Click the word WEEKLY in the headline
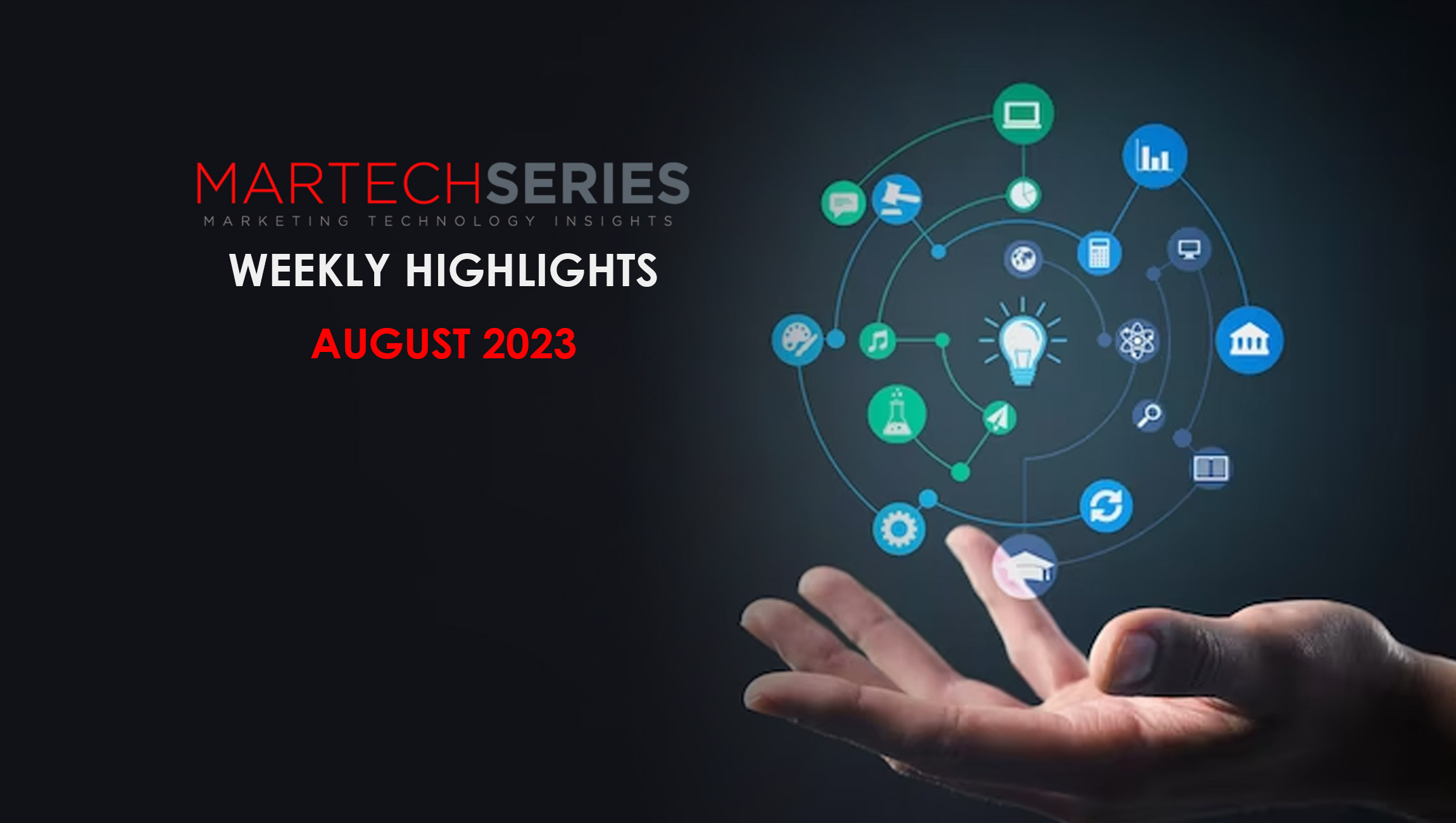(x=309, y=270)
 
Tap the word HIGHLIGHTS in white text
(x=532, y=270)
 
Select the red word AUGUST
(x=391, y=344)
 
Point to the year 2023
(x=529, y=344)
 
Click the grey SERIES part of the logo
(x=588, y=184)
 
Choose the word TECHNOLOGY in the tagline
(x=452, y=221)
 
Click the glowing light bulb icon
(x=1022, y=341)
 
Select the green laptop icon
(x=1023, y=114)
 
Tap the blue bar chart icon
(x=1155, y=156)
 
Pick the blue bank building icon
(x=1250, y=341)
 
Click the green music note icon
(x=878, y=341)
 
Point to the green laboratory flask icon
(x=897, y=414)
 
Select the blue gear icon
(x=899, y=529)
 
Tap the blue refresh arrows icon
(x=1106, y=506)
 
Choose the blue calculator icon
(x=1100, y=253)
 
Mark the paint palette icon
(x=798, y=340)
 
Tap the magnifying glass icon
(x=1148, y=415)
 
